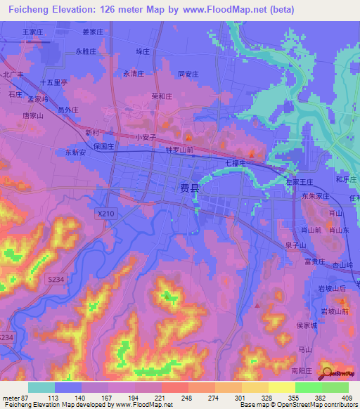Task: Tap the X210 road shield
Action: [106, 212]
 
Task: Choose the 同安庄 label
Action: [188, 74]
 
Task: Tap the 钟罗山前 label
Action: [179, 150]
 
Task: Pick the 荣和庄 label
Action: [162, 97]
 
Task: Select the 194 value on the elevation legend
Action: [146, 397]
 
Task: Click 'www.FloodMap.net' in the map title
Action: [230, 11]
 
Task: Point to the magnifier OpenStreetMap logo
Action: [327, 372]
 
